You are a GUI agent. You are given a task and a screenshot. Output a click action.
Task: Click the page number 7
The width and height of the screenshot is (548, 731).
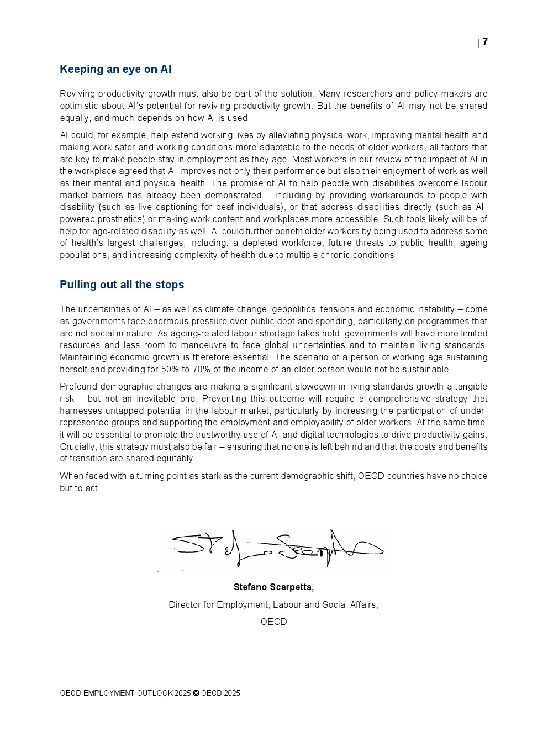485,42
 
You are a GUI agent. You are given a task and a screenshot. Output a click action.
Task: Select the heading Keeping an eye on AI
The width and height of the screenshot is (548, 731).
115,69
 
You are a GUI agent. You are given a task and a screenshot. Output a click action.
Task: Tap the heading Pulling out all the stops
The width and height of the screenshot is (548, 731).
122,285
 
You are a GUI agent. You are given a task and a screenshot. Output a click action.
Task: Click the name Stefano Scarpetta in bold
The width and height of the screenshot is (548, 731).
273,587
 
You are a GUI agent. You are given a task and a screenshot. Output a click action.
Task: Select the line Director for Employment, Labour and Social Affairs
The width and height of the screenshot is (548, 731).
273,604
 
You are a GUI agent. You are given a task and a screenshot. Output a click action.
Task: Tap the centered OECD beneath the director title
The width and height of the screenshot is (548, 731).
273,622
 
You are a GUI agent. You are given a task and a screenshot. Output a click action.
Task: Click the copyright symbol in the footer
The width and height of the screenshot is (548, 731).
196,693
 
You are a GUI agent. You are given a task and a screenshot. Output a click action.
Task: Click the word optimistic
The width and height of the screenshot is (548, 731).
79,106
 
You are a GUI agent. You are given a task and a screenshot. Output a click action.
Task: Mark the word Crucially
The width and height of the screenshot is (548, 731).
78,446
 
